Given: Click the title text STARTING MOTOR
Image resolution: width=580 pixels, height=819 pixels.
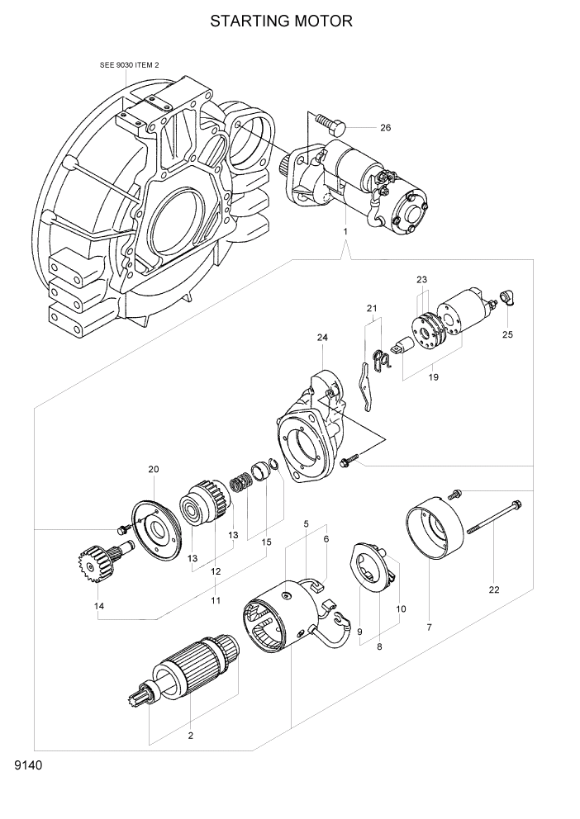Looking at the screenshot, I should pyautogui.click(x=281, y=21).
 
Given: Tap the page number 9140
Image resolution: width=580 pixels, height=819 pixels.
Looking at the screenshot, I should pyautogui.click(x=28, y=765).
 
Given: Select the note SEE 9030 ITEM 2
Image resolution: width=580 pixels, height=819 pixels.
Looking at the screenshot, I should pyautogui.click(x=128, y=64).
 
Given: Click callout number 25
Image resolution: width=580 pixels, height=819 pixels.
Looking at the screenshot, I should pyautogui.click(x=507, y=334).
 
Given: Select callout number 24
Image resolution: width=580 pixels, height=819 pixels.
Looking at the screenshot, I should pyautogui.click(x=322, y=338).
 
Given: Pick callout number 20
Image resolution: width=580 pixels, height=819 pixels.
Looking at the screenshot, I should pyautogui.click(x=153, y=470).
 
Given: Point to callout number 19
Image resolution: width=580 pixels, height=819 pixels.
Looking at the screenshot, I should pyautogui.click(x=433, y=377).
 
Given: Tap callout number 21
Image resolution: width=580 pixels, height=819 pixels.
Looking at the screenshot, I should pyautogui.click(x=372, y=310).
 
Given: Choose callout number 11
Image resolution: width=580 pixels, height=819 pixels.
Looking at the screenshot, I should pyautogui.click(x=215, y=600).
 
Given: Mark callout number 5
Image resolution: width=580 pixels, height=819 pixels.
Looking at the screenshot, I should pyautogui.click(x=306, y=524).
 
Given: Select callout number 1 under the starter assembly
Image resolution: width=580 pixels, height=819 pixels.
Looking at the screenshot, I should pyautogui.click(x=345, y=232).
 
